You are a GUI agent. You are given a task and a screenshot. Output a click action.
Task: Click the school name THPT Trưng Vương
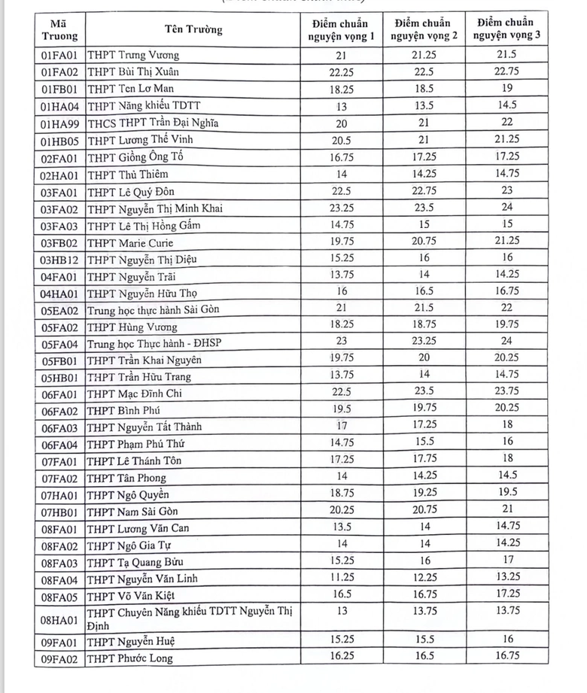pyautogui.click(x=133, y=56)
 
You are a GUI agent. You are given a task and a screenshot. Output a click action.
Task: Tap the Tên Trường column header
pyautogui.click(x=193, y=29)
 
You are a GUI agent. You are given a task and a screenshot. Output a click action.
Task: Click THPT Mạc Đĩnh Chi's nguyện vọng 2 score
pyautogui.click(x=422, y=392)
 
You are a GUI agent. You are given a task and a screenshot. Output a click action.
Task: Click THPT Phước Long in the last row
pyautogui.click(x=129, y=658)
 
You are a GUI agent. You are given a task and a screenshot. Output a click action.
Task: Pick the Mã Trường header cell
pyautogui.click(x=59, y=29)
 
